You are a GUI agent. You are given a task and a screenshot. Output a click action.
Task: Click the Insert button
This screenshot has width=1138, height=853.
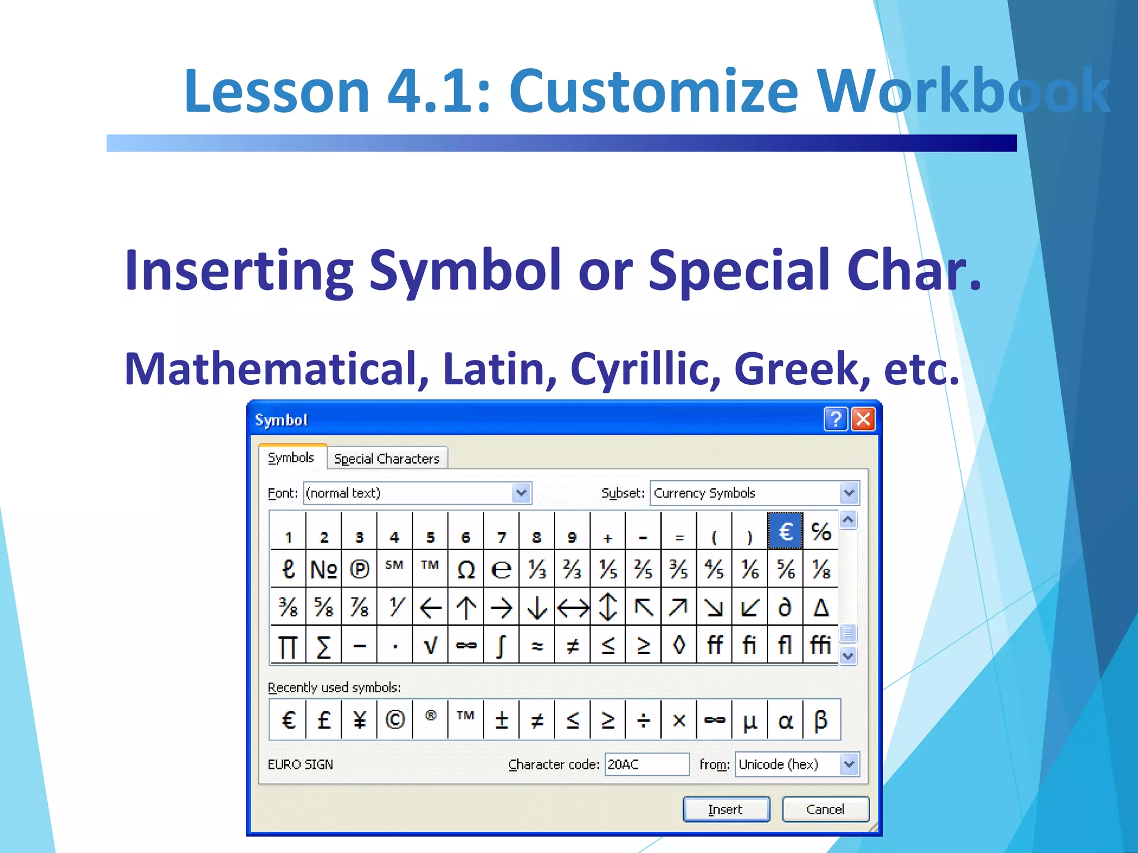click(726, 809)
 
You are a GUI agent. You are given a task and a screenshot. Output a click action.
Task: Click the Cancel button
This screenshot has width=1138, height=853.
click(825, 809)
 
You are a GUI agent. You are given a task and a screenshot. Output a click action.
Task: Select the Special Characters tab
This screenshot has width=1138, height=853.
click(387, 459)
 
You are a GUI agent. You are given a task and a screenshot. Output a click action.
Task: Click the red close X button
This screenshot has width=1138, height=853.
click(863, 419)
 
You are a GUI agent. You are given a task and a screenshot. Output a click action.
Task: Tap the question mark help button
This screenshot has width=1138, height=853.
click(835, 419)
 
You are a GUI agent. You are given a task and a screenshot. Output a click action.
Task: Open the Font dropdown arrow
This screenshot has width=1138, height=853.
click(521, 493)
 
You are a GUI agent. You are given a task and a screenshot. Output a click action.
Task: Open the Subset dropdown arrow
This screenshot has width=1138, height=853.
click(848, 493)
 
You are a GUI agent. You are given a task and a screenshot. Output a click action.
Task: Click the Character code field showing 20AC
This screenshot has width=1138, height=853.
click(646, 764)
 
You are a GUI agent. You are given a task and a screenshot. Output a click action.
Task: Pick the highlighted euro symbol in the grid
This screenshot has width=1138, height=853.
click(785, 531)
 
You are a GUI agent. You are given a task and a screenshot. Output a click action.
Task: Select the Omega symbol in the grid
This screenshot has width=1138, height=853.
click(466, 569)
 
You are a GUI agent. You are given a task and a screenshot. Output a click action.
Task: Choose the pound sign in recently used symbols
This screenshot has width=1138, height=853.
click(324, 720)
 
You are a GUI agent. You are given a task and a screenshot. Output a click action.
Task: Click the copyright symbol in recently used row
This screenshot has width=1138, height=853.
click(395, 720)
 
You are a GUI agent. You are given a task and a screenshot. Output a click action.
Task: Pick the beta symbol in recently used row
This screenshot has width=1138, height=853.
click(821, 720)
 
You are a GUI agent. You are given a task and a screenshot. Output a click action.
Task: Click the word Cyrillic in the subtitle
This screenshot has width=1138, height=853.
click(645, 369)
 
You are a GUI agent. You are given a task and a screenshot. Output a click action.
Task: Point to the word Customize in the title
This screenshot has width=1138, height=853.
click(653, 91)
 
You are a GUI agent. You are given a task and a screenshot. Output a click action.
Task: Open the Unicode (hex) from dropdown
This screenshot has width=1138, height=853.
click(848, 764)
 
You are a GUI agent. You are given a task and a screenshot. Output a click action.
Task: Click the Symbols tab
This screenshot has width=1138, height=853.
click(291, 458)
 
